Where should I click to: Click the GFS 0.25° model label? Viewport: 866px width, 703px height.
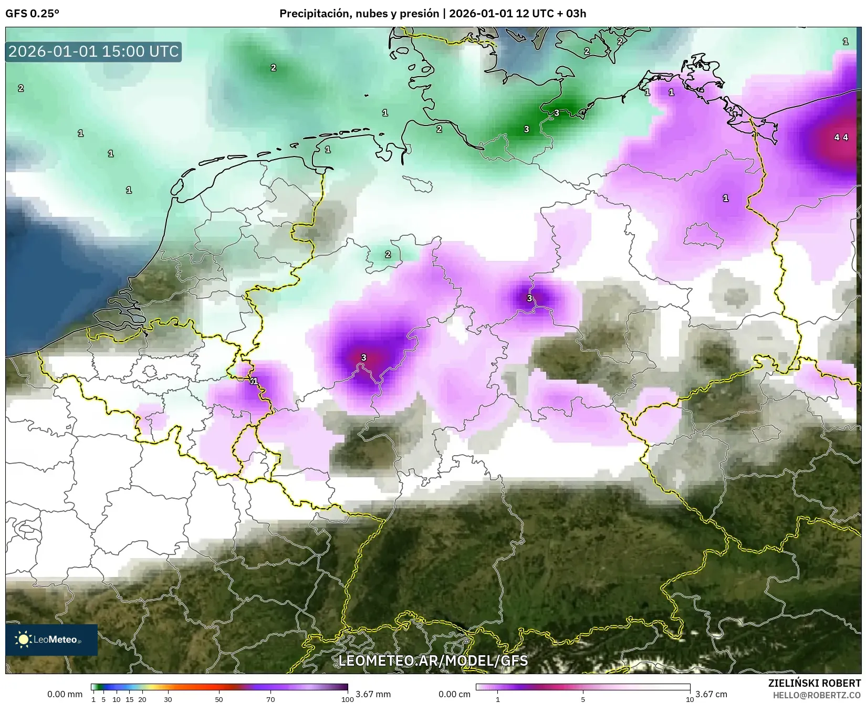(x=32, y=14)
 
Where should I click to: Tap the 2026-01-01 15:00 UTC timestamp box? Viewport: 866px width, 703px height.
(x=93, y=51)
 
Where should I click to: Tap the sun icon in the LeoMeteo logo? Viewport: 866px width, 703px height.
(x=23, y=639)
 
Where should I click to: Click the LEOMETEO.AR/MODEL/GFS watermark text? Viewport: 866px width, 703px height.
(x=433, y=660)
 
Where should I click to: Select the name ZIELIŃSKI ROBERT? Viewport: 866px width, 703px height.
(x=814, y=683)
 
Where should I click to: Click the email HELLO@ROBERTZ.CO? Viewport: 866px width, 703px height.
(x=817, y=695)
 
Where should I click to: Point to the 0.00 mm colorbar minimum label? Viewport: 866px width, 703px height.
(x=65, y=694)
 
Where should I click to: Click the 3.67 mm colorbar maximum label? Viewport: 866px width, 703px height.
(x=373, y=694)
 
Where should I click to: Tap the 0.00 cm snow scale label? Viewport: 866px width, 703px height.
(x=454, y=694)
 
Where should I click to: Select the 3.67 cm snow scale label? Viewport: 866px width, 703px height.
(x=711, y=694)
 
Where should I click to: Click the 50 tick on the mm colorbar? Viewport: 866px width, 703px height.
(x=219, y=699)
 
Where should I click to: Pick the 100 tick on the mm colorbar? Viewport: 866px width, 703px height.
(x=347, y=699)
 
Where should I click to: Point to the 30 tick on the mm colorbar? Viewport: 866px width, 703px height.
(x=168, y=699)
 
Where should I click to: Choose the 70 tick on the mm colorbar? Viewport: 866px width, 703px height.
(x=270, y=699)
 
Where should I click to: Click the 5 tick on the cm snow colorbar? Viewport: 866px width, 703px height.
(x=583, y=699)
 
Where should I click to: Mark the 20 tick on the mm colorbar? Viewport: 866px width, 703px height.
(x=142, y=699)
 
